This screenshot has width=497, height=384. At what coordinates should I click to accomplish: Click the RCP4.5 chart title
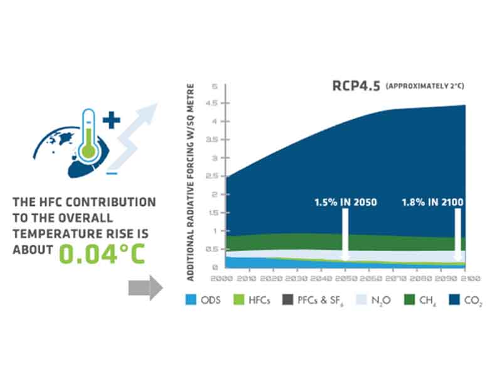point(354,87)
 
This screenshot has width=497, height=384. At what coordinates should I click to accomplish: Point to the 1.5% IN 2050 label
point(345,203)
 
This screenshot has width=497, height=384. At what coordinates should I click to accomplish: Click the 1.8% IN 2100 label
point(432,203)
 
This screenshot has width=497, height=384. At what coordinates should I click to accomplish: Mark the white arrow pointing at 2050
point(345,236)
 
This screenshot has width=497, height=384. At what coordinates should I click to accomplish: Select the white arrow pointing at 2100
point(458,236)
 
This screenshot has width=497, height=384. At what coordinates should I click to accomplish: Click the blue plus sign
point(112,120)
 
